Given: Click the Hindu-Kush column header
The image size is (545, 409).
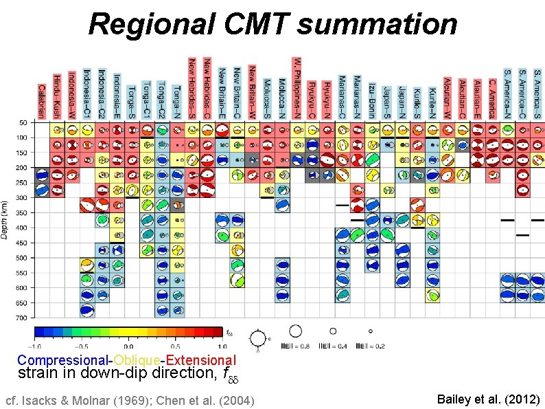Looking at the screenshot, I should click(x=56, y=96).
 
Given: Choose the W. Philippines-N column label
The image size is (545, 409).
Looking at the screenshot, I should click(x=297, y=87).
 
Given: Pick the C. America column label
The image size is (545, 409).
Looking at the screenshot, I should click(x=491, y=97).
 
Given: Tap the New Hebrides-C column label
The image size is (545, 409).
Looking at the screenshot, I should click(x=207, y=87).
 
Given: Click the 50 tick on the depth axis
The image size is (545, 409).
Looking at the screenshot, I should click(x=23, y=122).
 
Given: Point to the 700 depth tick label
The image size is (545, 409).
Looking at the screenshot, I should click(x=22, y=318).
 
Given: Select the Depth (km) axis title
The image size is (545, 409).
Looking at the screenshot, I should click(x=5, y=221).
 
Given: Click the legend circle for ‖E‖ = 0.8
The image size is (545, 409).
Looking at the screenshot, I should click(x=296, y=331).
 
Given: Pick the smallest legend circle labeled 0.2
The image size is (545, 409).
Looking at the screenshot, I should click(x=371, y=331).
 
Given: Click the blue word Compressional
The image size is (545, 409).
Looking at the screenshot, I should click(x=65, y=360).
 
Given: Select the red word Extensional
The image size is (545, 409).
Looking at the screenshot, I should click(x=201, y=360).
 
